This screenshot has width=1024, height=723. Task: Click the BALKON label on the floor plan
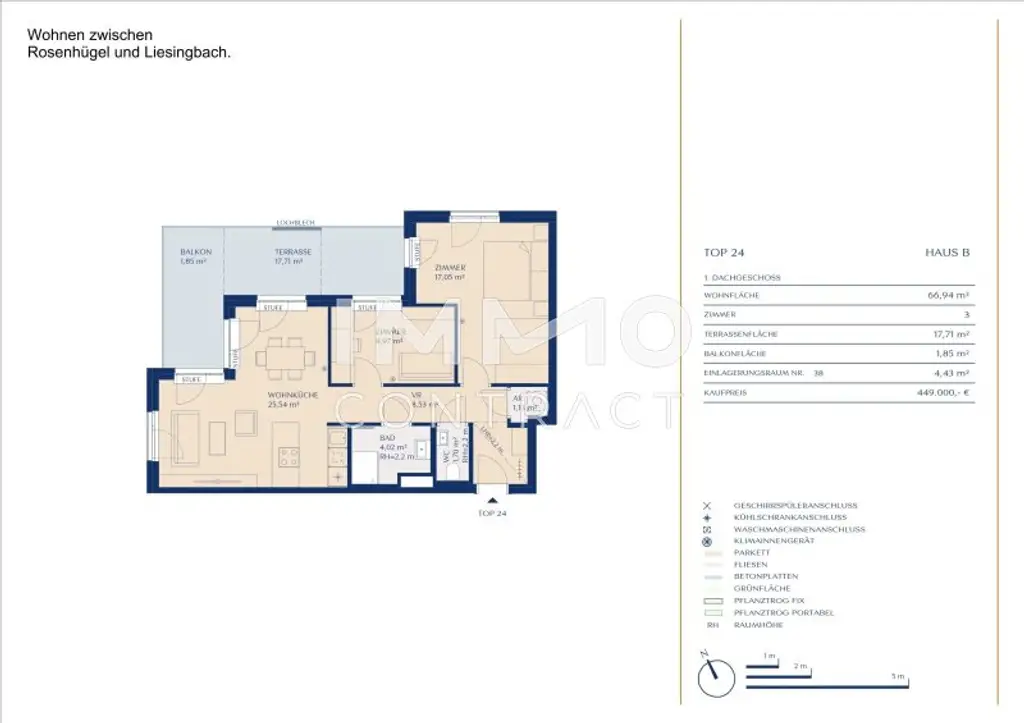pyautogui.click(x=194, y=252)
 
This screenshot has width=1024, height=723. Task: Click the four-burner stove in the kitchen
pyautogui.click(x=291, y=458)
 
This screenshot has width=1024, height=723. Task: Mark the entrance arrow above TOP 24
pyautogui.click(x=488, y=492)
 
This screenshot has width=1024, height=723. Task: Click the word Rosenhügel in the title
pyautogui.click(x=69, y=53)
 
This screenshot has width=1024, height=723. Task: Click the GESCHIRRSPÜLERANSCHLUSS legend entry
pyautogui.click(x=794, y=506)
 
